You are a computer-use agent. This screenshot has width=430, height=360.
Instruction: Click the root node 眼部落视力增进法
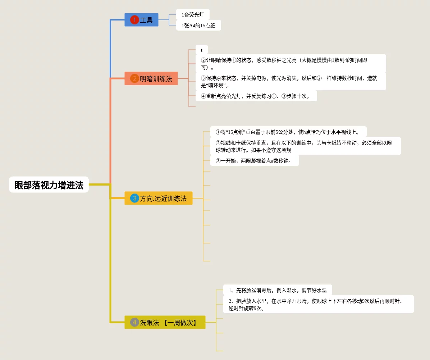(x=49, y=185)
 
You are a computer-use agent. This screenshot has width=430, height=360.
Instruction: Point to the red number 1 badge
(x=134, y=20)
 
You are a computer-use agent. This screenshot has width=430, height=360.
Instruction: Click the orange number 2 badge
(x=134, y=78)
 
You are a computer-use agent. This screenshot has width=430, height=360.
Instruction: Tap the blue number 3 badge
(x=134, y=198)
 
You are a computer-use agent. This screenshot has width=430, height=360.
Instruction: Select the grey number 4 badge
(x=134, y=322)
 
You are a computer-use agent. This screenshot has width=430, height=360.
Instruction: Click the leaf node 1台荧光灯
(x=193, y=15)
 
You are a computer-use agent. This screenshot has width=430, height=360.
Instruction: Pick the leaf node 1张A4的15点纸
(x=198, y=26)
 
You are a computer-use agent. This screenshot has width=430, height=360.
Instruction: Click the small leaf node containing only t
(x=202, y=50)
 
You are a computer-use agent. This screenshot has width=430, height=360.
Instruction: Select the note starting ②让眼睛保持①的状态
(x=291, y=64)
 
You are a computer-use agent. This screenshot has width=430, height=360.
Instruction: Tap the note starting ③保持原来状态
(x=291, y=82)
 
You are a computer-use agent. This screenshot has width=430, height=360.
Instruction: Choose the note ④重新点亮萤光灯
(x=256, y=96)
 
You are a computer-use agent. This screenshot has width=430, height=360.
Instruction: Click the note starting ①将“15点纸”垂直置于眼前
(x=288, y=132)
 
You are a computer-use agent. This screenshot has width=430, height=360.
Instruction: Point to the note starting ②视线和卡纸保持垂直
(x=305, y=146)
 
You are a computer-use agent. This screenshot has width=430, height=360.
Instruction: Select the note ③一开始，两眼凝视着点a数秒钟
(x=254, y=161)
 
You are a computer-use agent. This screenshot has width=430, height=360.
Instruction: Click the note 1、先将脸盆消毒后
(x=277, y=290)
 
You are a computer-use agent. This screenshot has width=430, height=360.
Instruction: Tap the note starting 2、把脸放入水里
(x=318, y=304)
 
